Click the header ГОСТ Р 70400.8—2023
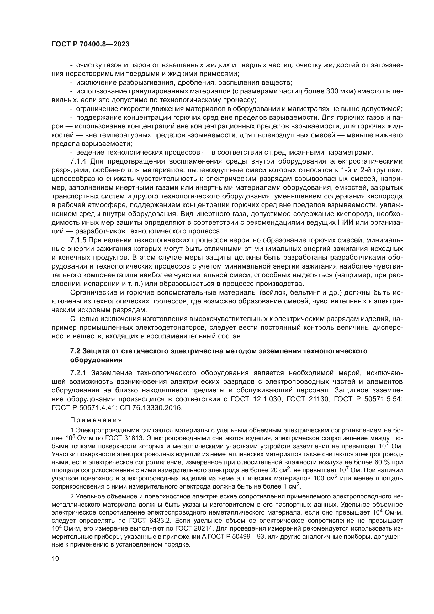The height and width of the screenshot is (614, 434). pyautogui.click(x=90, y=44)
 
